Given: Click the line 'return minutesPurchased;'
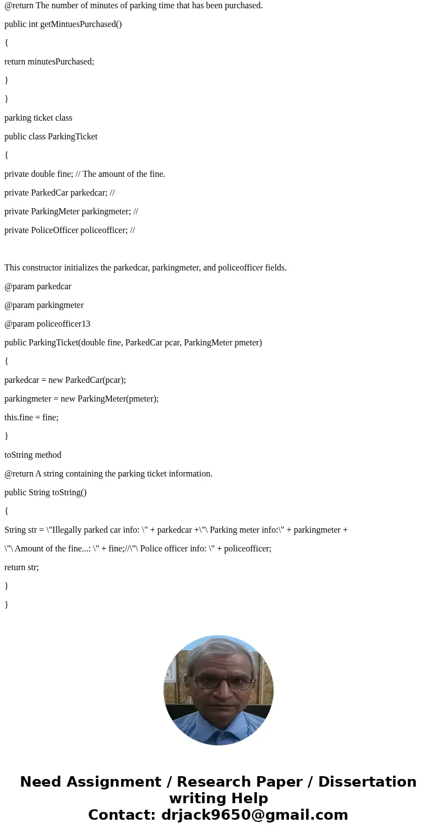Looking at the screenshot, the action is (50, 62).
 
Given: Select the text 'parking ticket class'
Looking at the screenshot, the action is (39, 118).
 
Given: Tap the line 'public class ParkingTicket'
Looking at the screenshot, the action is (51, 137).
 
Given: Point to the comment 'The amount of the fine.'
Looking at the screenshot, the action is (124, 174).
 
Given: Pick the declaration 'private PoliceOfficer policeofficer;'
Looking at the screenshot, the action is (65, 230).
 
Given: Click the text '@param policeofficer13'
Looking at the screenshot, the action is (47, 324).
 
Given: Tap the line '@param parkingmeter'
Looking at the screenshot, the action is (44, 305).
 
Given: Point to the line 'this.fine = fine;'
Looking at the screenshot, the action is (31, 418).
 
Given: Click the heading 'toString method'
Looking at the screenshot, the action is (33, 455).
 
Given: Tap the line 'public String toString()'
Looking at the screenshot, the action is (46, 492).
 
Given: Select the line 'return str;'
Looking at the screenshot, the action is (21, 567).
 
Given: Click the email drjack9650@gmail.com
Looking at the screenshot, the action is (254, 815).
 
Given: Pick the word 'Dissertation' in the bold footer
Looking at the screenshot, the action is (367, 782).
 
